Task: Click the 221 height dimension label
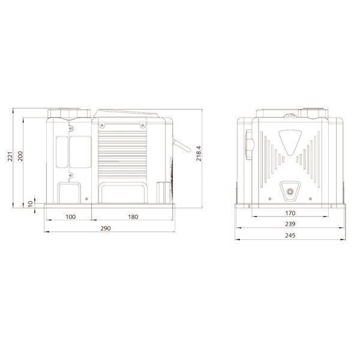coord(10,157)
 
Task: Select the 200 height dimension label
coord(20,156)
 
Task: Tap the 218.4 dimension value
coord(199,154)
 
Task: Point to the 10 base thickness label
coord(31,204)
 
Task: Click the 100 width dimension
coord(70,217)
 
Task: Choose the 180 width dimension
coord(133,217)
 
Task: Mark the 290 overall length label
coord(106,229)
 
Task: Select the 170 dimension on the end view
coord(290,213)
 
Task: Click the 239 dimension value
coord(290,224)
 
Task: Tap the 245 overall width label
coord(290,235)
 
